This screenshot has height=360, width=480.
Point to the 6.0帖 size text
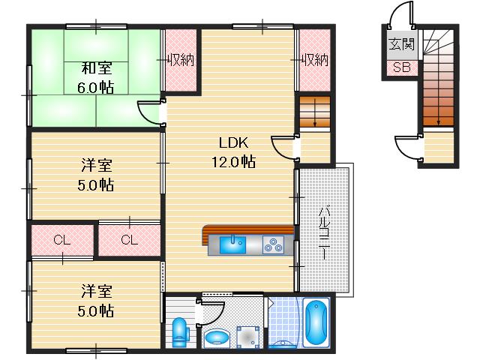97,88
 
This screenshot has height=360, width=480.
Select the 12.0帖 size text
233,160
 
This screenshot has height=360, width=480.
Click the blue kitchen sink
234,244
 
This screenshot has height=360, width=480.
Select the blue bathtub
317,323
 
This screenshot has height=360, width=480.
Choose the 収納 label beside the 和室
181,58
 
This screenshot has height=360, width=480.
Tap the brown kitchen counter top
247,230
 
